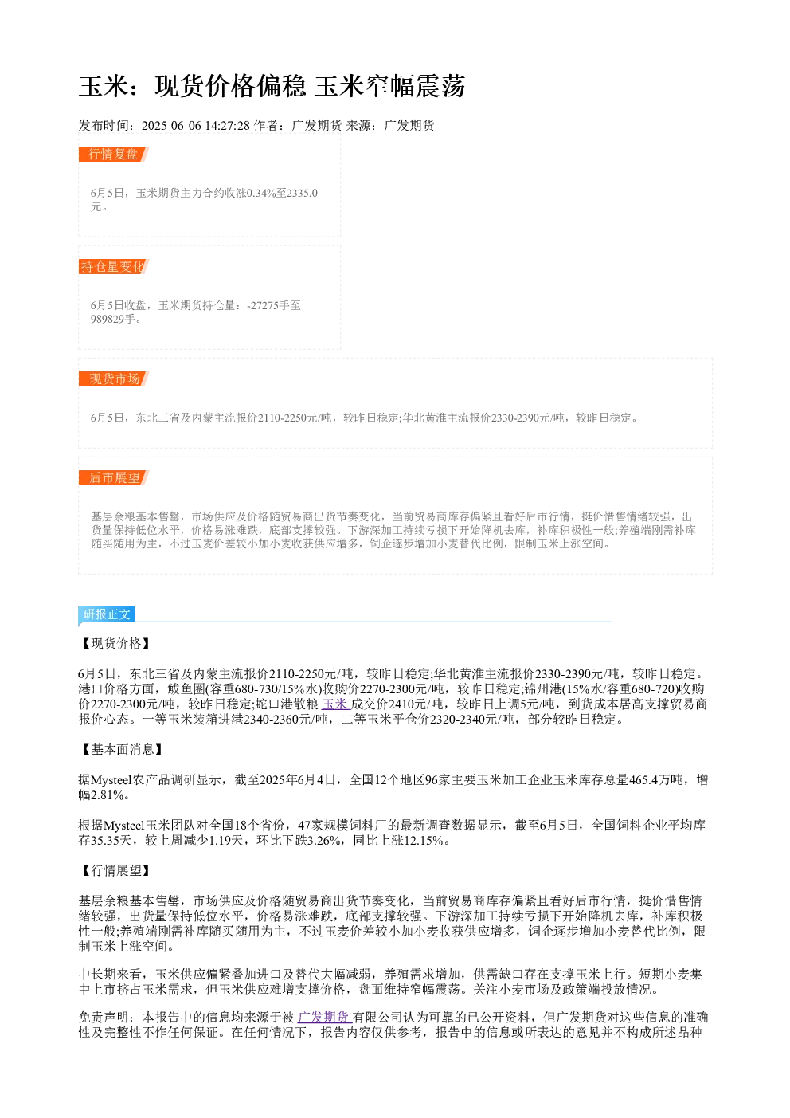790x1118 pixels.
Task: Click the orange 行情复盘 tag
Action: click(113, 155)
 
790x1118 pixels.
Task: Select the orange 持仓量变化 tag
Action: click(113, 266)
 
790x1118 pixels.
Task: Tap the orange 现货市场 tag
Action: click(113, 379)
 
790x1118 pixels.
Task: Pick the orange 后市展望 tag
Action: click(113, 477)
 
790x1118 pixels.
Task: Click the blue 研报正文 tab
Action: click(107, 614)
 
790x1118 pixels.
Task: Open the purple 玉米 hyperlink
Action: click(336, 704)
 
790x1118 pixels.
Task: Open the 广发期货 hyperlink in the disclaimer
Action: click(325, 1017)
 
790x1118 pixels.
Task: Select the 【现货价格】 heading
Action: click(115, 644)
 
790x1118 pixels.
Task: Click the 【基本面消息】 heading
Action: click(122, 750)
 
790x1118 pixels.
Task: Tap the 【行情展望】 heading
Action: click(115, 871)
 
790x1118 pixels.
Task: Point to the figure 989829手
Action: click(113, 320)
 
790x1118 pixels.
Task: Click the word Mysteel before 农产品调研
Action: click(111, 780)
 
